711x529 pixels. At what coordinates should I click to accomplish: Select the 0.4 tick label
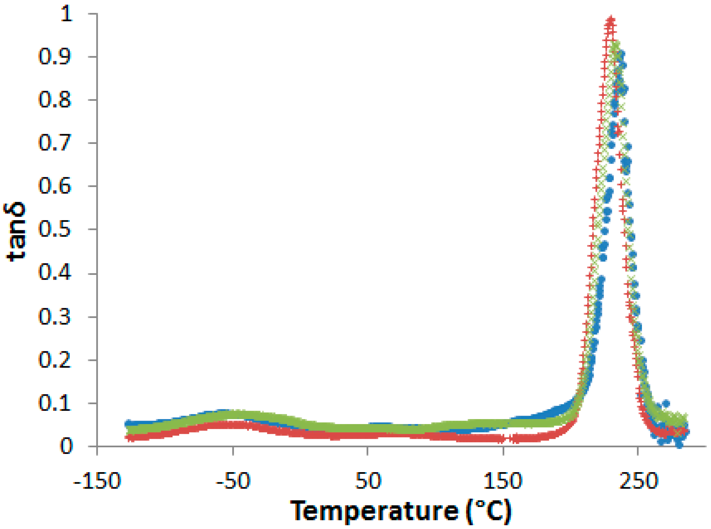[54, 274]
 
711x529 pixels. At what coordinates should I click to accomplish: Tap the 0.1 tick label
[54, 403]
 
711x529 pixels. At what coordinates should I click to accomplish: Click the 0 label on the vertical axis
[66, 446]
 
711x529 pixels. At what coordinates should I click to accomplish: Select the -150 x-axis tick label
[97, 481]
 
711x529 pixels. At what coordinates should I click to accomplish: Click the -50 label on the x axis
[233, 481]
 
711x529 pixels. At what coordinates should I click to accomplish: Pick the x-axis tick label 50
[368, 481]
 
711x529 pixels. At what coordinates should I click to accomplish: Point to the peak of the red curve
[611, 21]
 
